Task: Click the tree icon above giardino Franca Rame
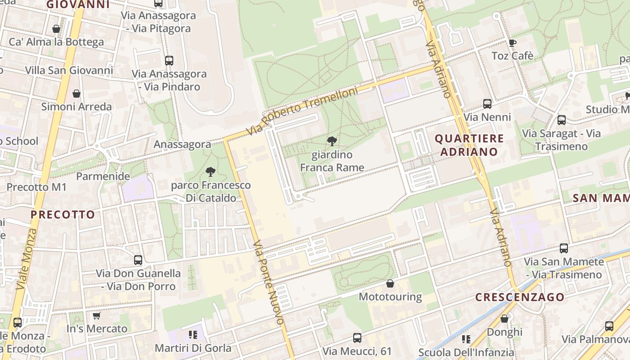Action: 332,141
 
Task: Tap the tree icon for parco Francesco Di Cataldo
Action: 210,171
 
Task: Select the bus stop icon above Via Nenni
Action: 487,104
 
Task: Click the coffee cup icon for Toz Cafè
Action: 512,43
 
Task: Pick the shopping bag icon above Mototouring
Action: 390,283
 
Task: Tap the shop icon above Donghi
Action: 504,319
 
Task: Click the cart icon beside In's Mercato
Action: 96,315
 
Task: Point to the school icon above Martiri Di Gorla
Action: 193,334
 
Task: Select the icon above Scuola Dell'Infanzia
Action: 466,339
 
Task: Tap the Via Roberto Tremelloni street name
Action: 302,112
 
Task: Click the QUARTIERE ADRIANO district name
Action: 469,145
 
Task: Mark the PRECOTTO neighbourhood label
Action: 63,215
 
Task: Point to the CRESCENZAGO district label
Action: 520,297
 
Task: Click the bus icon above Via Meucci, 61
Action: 357,337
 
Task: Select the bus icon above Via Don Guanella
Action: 138,260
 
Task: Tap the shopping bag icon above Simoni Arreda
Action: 76,94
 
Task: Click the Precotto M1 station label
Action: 36,187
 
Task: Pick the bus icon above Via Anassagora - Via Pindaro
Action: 169,61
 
